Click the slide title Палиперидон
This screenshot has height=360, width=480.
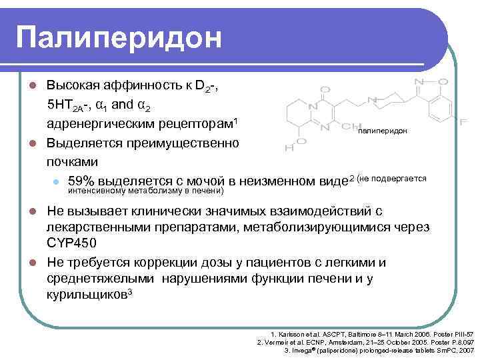tap(119, 38)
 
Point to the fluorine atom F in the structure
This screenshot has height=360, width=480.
tap(462, 123)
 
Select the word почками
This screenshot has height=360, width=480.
tap(72, 161)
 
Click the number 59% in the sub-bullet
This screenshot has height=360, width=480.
tap(83, 181)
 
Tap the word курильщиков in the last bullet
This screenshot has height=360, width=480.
tap(86, 294)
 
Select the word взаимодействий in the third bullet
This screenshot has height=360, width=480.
tap(316, 212)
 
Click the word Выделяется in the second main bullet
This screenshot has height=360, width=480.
tap(82, 143)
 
